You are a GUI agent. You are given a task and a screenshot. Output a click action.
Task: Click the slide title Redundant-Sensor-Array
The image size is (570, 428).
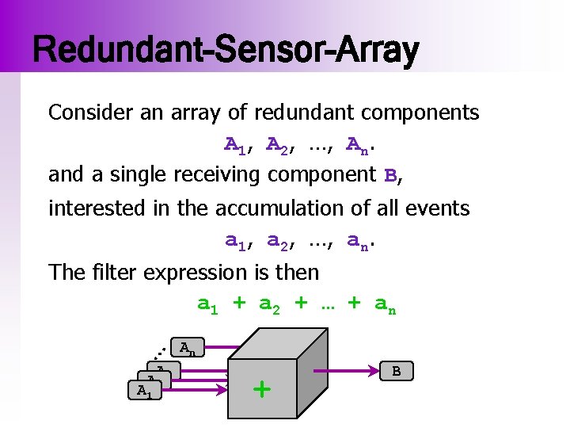click(226, 50)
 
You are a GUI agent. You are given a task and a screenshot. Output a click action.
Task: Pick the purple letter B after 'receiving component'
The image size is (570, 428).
click(389, 174)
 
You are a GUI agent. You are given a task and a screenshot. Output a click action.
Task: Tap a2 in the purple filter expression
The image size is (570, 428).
click(270, 304)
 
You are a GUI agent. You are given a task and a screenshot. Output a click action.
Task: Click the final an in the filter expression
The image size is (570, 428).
click(385, 304)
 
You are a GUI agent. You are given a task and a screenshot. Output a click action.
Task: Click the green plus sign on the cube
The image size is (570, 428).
click(261, 389)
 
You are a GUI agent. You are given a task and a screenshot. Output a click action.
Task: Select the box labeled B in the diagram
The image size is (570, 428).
click(396, 370)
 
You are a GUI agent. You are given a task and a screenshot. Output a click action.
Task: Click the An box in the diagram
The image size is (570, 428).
click(188, 348)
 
